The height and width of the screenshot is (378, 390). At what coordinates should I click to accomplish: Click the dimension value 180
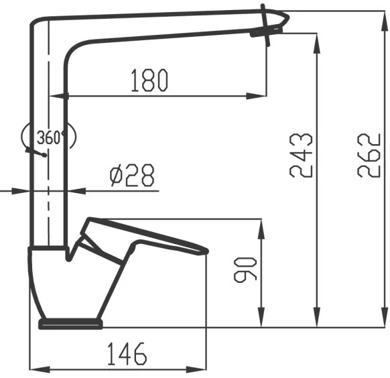(149, 80)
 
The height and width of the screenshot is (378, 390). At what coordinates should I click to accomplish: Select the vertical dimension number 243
(301, 155)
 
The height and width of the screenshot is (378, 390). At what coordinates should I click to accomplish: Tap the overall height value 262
(369, 155)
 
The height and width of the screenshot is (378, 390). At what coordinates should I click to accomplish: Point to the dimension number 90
(246, 269)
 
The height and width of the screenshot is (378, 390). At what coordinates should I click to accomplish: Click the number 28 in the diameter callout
(140, 176)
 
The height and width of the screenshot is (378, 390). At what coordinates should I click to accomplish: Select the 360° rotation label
(51, 138)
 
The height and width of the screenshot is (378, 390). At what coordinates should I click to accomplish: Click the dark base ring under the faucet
(70, 324)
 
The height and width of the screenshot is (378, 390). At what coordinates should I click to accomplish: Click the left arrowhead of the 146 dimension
(38, 369)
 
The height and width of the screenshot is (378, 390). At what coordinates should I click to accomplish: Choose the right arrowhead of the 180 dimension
(262, 96)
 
